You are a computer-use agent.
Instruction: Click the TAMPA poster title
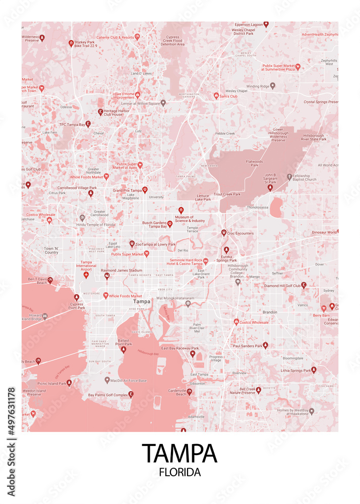point(179,453)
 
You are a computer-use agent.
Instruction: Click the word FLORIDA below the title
point(179,473)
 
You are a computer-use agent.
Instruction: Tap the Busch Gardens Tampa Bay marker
point(170,223)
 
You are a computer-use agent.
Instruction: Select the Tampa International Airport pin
point(86,274)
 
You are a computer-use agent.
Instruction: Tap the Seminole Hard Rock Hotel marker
point(205,262)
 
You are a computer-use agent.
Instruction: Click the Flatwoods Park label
point(255,163)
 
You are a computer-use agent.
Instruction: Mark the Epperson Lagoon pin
point(266,24)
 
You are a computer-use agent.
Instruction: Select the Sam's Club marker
point(216,96)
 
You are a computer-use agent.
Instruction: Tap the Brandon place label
point(270,312)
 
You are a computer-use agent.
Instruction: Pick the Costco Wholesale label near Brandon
point(254,322)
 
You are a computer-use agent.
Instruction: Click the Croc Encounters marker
point(223,233)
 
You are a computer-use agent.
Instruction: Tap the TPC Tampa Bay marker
point(88,124)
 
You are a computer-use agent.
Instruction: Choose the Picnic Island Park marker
point(69,383)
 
